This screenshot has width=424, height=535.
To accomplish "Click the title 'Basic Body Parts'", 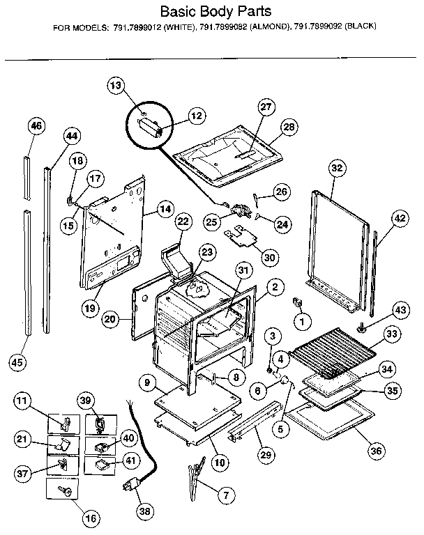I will (x=212, y=12).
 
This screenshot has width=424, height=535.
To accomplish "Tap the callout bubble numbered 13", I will (x=116, y=86).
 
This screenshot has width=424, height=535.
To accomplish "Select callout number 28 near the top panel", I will (x=289, y=126).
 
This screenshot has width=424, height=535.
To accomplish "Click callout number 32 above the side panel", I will (x=337, y=168).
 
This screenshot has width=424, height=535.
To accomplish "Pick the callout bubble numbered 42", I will (x=399, y=218).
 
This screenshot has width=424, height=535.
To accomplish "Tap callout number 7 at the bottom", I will (x=225, y=496).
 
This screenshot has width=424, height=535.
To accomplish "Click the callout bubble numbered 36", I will (x=377, y=450).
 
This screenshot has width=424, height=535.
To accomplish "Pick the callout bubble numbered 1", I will (x=301, y=321).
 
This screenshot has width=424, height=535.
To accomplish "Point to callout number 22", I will (x=183, y=222).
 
